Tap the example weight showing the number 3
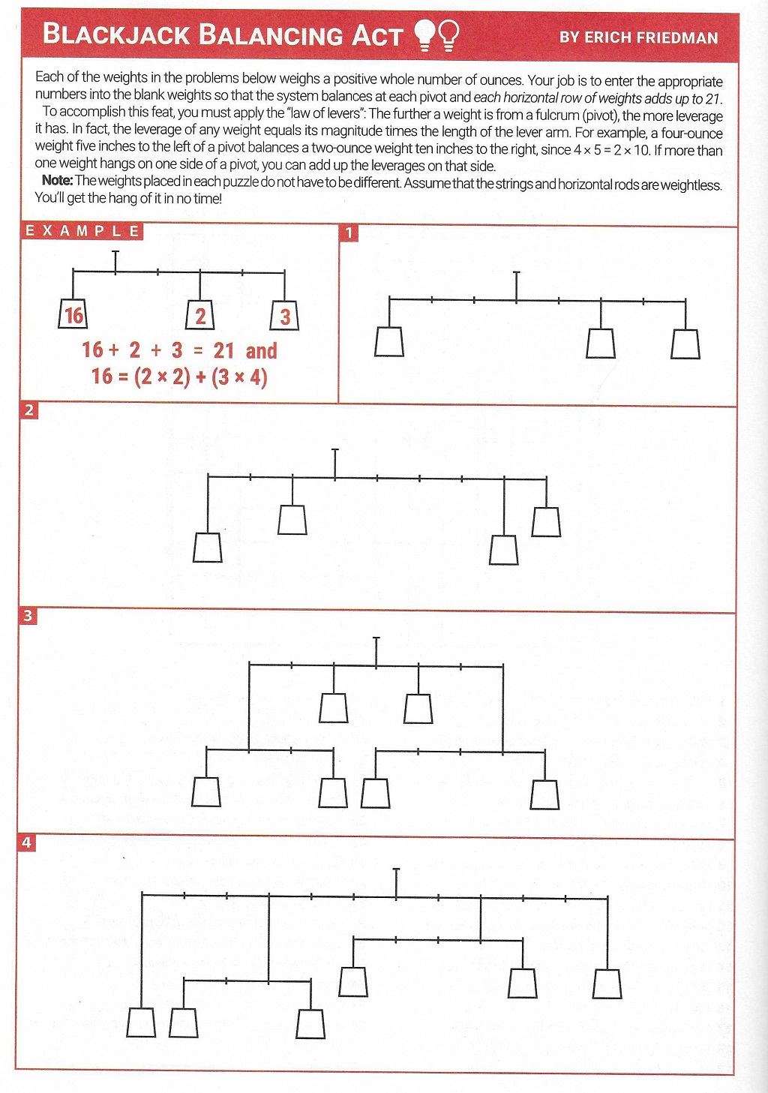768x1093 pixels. [285, 315]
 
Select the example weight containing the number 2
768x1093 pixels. [200, 315]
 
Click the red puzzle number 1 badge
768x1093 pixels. [349, 233]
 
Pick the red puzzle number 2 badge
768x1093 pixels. [28, 410]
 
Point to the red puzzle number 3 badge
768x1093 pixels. [28, 615]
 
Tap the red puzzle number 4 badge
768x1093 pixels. [27, 842]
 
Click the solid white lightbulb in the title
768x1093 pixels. [424, 35]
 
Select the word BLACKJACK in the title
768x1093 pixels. [116, 35]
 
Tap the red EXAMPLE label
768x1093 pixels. [82, 231]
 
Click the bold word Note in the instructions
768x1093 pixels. [56, 180]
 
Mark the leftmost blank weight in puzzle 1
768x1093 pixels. [389, 341]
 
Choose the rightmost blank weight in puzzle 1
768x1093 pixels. [685, 344]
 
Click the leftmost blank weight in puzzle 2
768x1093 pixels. [207, 548]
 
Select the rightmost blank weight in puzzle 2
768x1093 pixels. [546, 522]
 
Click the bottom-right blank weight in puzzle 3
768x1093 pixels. [545, 795]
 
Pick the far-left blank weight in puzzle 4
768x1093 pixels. [141, 1022]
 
